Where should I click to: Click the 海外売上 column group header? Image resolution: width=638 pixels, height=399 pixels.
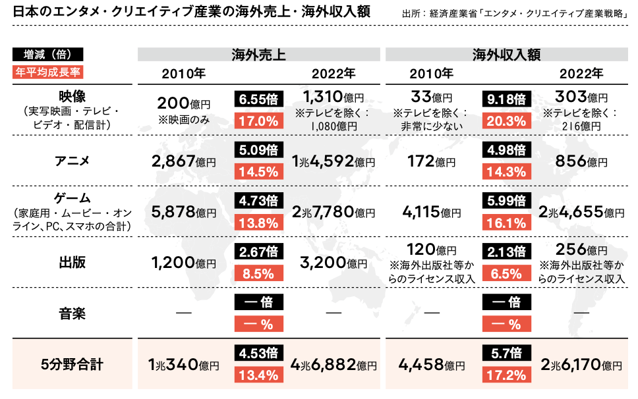[x=258, y=55]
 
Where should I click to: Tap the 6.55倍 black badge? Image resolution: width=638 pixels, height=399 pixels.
[x=259, y=99]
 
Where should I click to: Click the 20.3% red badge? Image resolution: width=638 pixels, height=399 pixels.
[x=507, y=120]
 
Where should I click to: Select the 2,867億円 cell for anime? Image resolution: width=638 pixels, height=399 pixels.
[x=184, y=161]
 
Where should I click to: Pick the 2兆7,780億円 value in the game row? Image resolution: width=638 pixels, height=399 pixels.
[x=333, y=212]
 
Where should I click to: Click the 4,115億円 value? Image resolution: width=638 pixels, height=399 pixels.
[x=432, y=212]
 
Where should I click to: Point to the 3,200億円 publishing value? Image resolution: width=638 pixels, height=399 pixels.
[x=333, y=263]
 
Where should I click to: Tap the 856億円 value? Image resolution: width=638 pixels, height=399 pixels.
[x=581, y=161]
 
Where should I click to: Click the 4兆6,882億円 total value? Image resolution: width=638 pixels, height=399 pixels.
[x=333, y=365]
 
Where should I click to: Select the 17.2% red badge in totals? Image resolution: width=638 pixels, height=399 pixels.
[x=507, y=375]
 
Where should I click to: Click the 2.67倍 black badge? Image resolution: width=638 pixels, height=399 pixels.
[x=259, y=252]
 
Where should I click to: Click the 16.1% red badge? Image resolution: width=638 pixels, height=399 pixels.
[x=507, y=223]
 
